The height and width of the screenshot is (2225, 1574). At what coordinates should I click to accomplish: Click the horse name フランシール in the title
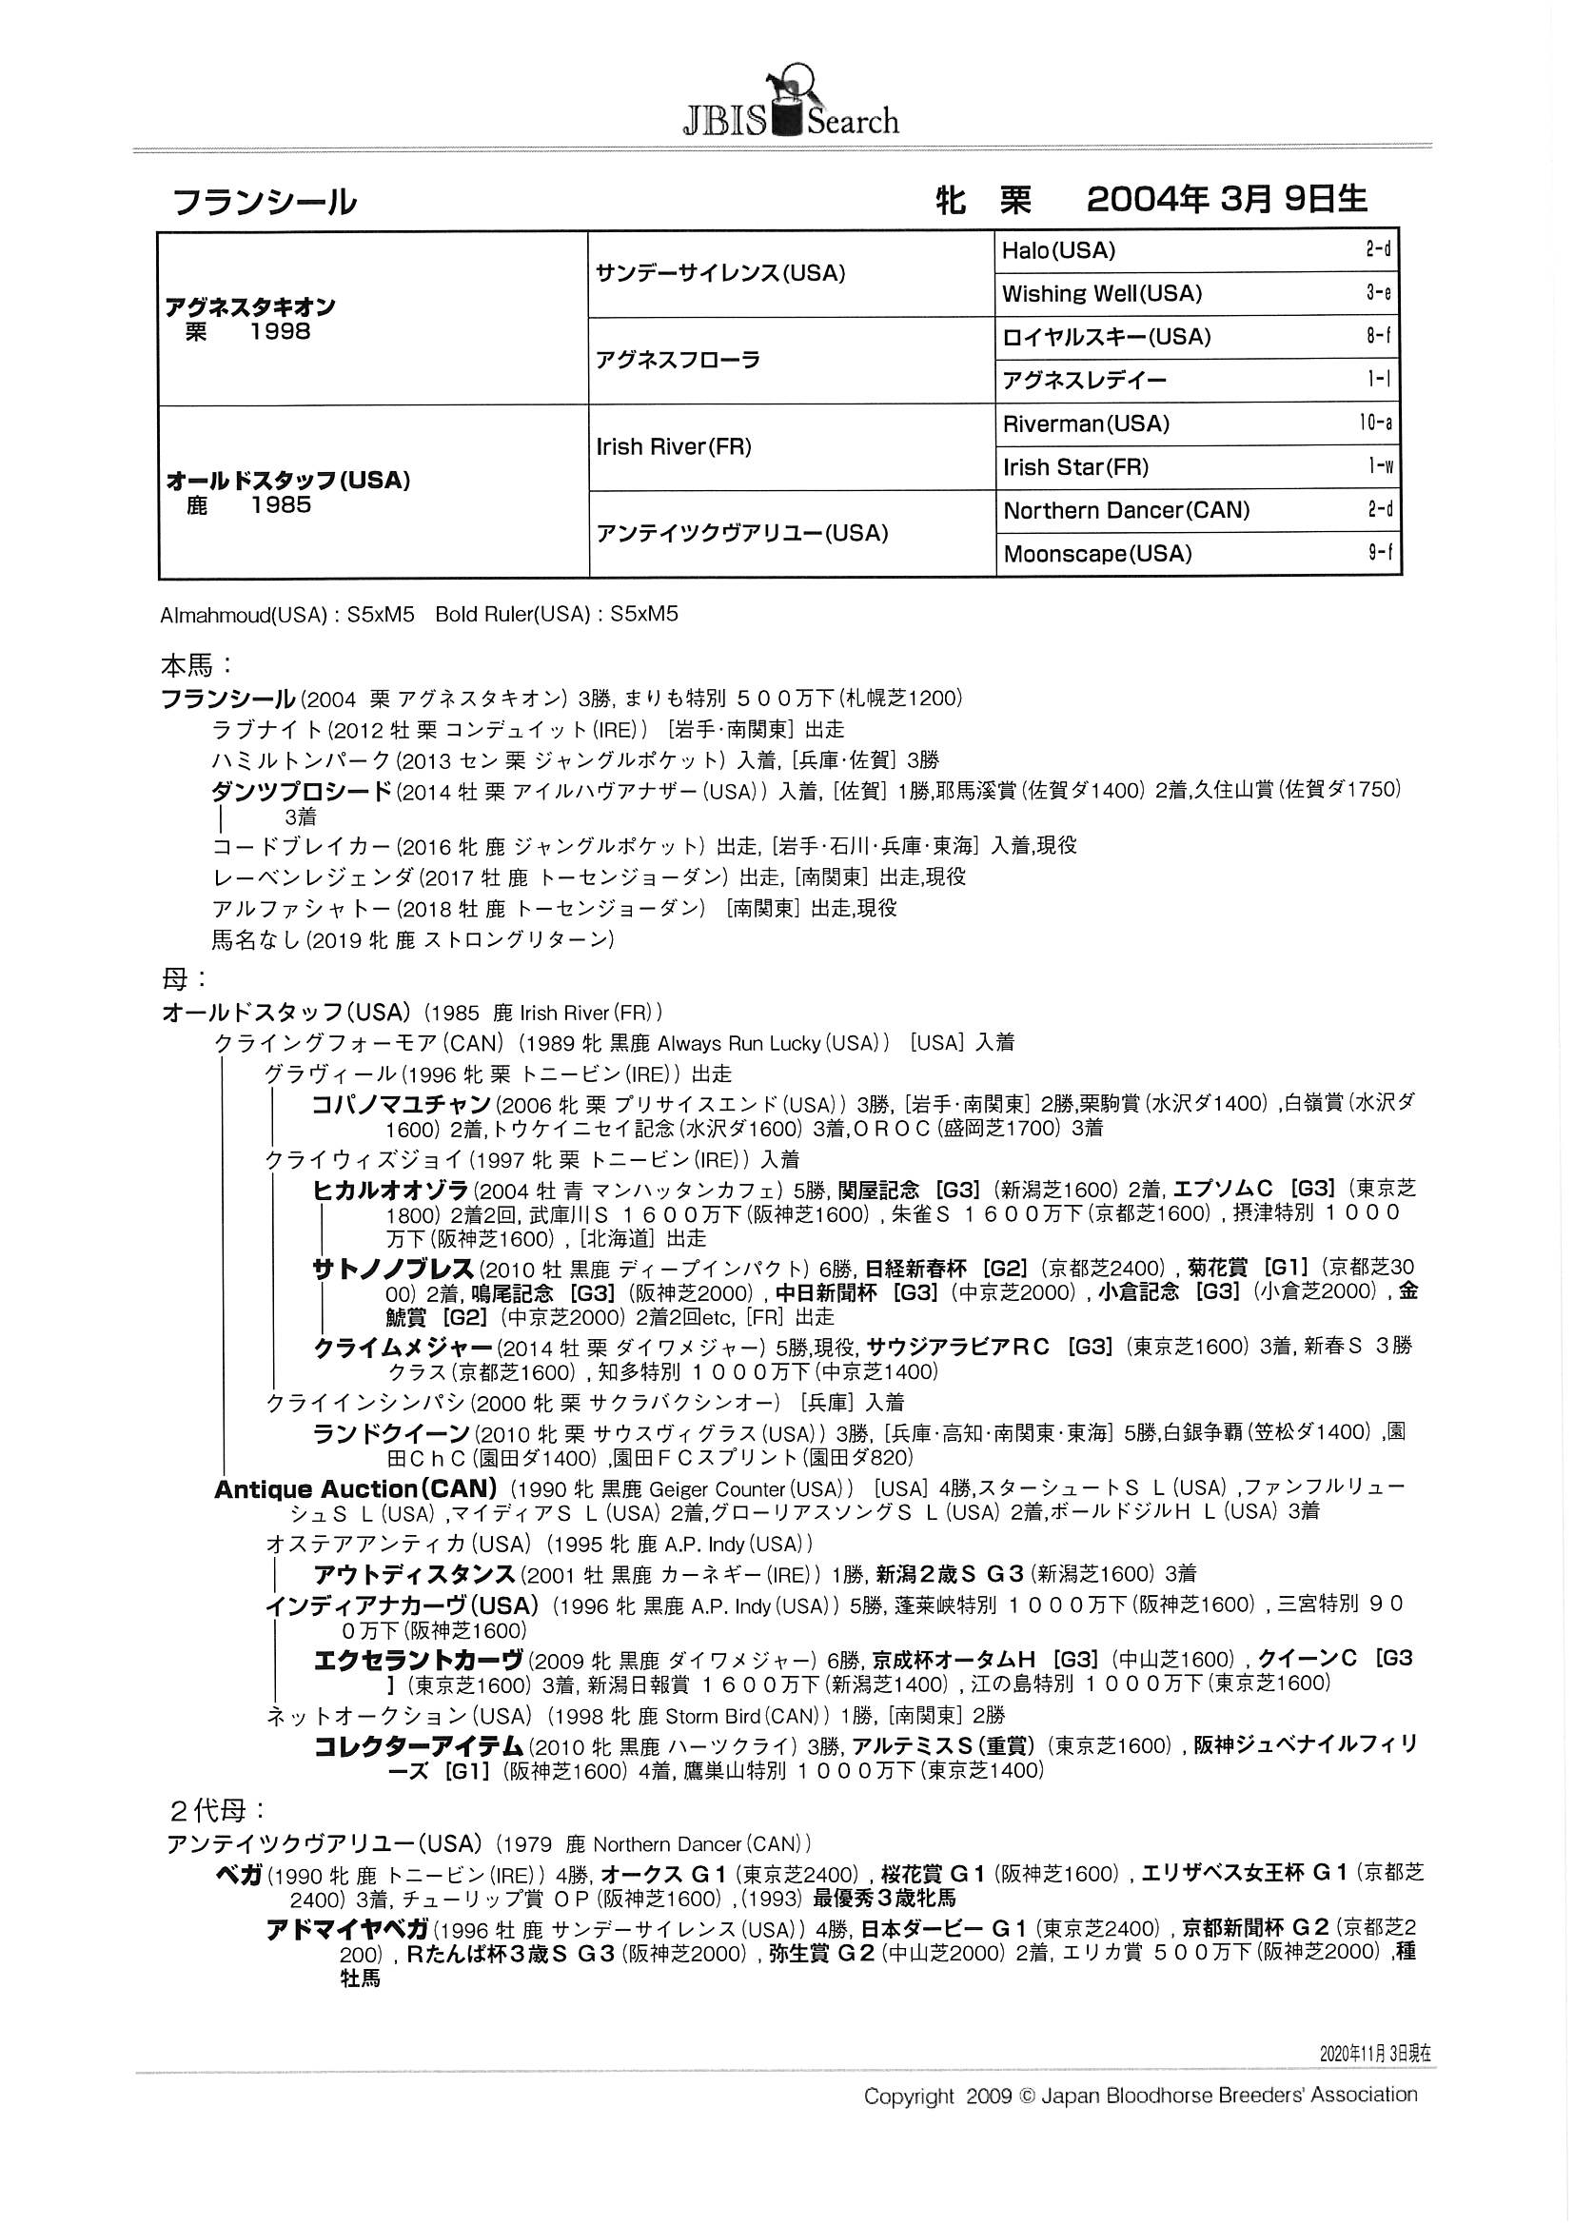[x=264, y=203]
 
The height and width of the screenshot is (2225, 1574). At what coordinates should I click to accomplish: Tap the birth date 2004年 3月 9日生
[x=1226, y=200]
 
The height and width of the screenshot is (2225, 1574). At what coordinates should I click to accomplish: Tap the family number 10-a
[x=1375, y=423]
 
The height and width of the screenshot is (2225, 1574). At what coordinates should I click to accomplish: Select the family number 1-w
[x=1380, y=467]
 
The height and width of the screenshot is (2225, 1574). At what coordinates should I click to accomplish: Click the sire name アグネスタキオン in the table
[x=250, y=307]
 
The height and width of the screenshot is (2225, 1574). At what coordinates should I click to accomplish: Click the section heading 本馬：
[x=197, y=666]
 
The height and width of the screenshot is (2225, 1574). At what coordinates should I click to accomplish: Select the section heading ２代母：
[x=218, y=1809]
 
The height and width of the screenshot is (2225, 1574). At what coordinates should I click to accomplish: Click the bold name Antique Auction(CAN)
[x=355, y=1488]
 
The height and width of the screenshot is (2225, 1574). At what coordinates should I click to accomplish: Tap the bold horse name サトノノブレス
[x=392, y=1269]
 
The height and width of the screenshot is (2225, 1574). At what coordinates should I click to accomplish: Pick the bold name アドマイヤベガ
[x=346, y=1929]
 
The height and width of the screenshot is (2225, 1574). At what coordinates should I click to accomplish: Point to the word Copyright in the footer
[x=908, y=2097]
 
